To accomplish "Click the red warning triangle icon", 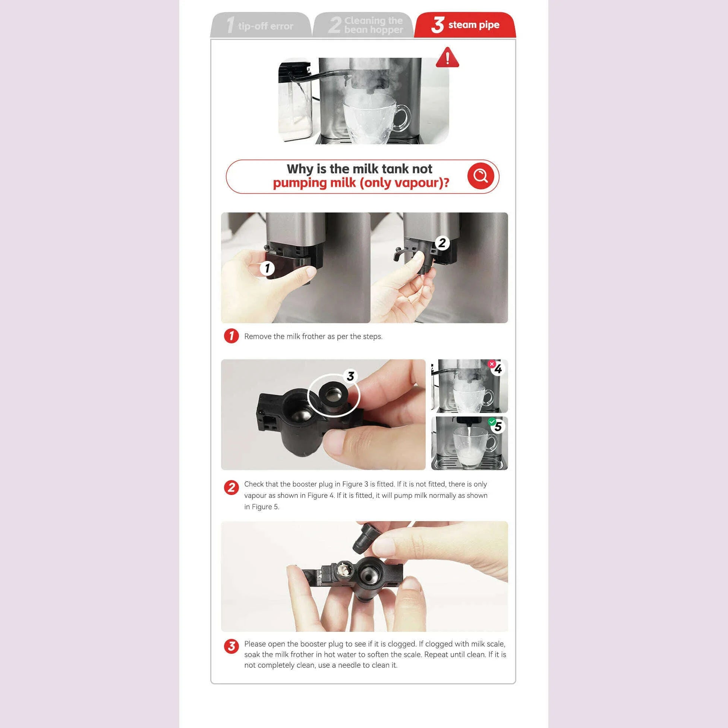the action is (x=447, y=58).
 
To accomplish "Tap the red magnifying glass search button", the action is (x=480, y=176).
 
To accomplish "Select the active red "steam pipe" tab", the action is (x=465, y=25).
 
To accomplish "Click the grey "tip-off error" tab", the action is (x=261, y=25).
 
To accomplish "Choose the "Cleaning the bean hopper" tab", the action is (x=363, y=25).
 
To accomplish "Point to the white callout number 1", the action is (x=267, y=268).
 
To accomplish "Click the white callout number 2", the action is (x=442, y=243).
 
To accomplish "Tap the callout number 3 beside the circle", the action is (x=350, y=376).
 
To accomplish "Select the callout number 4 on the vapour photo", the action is (x=498, y=369).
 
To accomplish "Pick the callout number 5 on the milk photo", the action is (x=498, y=426).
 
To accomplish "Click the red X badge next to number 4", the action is (x=491, y=364).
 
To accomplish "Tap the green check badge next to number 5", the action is (x=491, y=422).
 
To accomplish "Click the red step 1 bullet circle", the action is (x=231, y=336).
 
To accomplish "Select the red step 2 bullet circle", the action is (x=231, y=488).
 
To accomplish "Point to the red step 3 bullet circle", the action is (x=231, y=646).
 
